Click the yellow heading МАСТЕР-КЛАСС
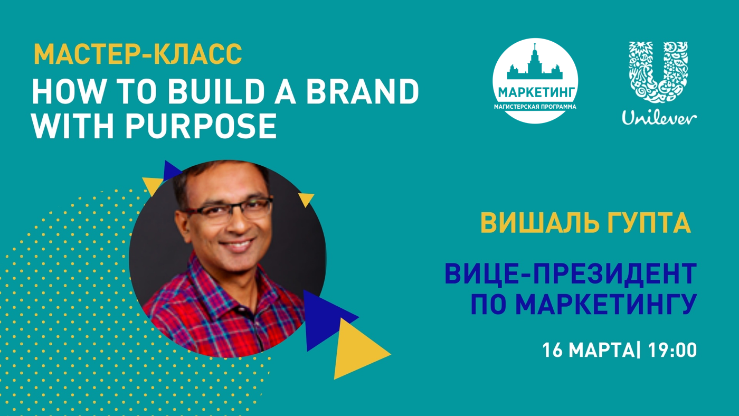click(x=138, y=54)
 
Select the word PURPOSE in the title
click(x=201, y=126)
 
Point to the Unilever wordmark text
click(x=659, y=117)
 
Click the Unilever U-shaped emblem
click(x=659, y=72)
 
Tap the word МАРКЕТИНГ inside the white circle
click(x=536, y=92)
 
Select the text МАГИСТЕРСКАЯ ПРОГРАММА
click(x=535, y=107)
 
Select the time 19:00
click(x=672, y=351)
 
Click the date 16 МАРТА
click(x=588, y=351)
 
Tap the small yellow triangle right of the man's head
click(x=306, y=199)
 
